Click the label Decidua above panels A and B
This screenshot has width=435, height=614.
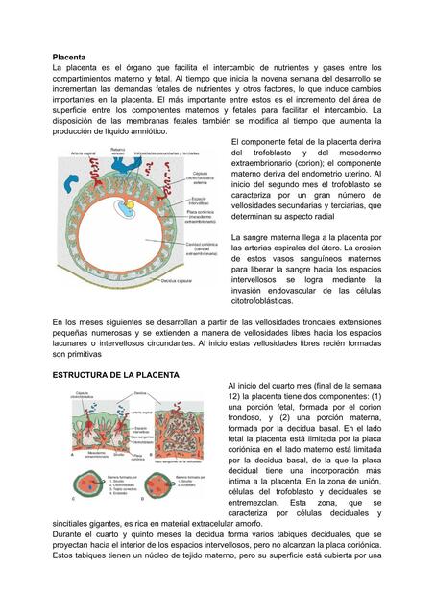click(x=141, y=393)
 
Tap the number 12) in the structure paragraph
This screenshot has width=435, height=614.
click(x=234, y=395)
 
